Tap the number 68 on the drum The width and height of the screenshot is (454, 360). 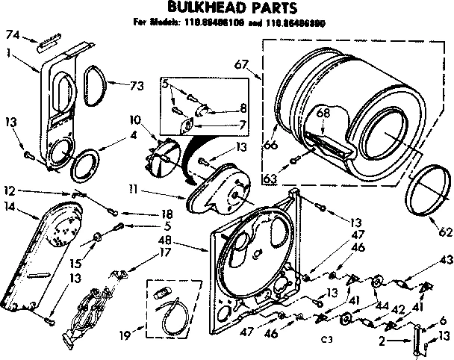[323, 114]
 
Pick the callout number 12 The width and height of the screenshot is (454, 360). [10, 190]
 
